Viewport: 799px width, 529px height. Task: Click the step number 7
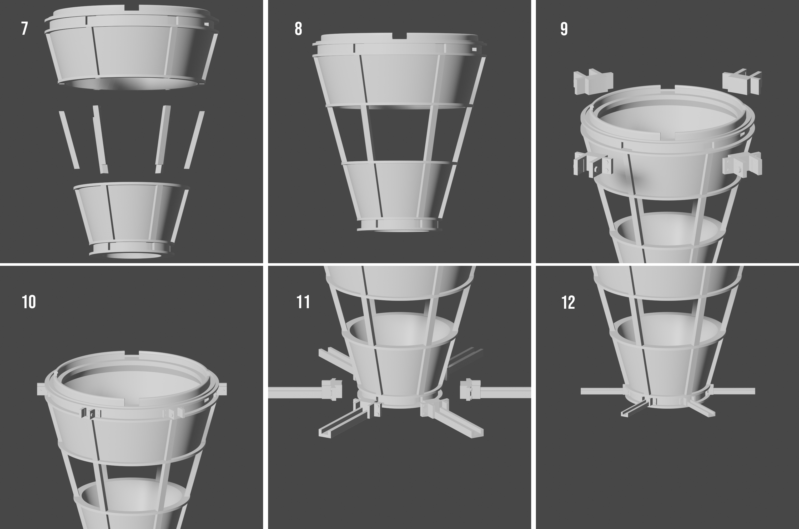pos(24,28)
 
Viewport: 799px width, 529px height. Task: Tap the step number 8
pos(298,29)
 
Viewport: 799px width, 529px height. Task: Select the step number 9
pos(564,29)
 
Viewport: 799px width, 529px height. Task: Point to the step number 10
pos(29,302)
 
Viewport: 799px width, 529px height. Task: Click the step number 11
pos(303,302)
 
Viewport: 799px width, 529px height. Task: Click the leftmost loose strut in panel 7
pos(69,140)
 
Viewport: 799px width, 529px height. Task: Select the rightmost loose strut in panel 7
pos(194,140)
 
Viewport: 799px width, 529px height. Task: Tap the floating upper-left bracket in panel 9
pos(593,82)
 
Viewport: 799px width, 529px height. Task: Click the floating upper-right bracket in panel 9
pos(742,81)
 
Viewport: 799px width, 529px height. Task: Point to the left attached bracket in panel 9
pos(593,165)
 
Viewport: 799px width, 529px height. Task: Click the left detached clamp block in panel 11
pos(332,390)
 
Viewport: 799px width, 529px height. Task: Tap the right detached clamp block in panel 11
pos(470,390)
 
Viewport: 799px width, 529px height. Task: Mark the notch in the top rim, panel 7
pos(132,8)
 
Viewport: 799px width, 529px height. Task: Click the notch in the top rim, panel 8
pos(399,36)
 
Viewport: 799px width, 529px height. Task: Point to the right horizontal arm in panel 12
pos(733,391)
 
